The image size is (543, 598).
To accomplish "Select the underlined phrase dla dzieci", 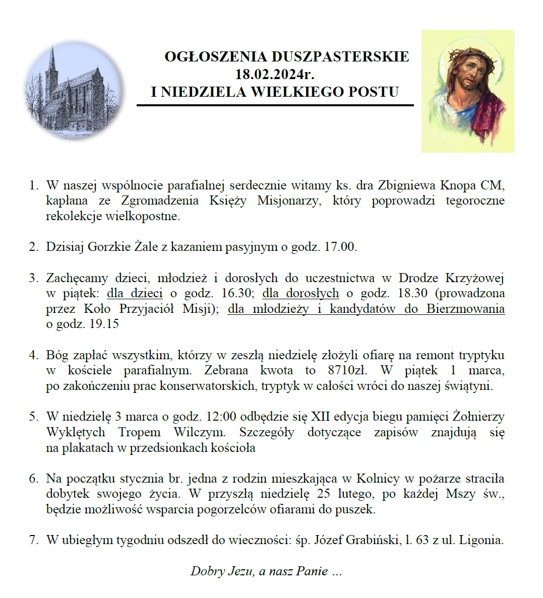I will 135,293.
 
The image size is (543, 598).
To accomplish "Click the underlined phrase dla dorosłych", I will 300,293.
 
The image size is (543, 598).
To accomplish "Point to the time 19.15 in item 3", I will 103,324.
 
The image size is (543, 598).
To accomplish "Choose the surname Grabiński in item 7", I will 372,540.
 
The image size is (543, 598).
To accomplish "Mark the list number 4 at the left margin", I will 33,355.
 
